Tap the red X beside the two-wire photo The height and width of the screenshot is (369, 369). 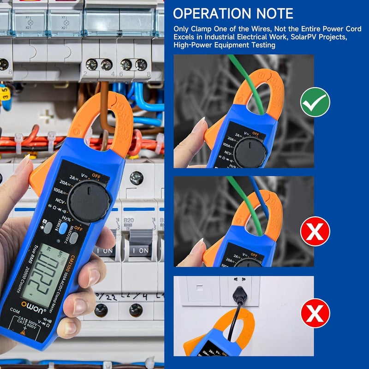315,231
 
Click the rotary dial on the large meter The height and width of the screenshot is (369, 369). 89,201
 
